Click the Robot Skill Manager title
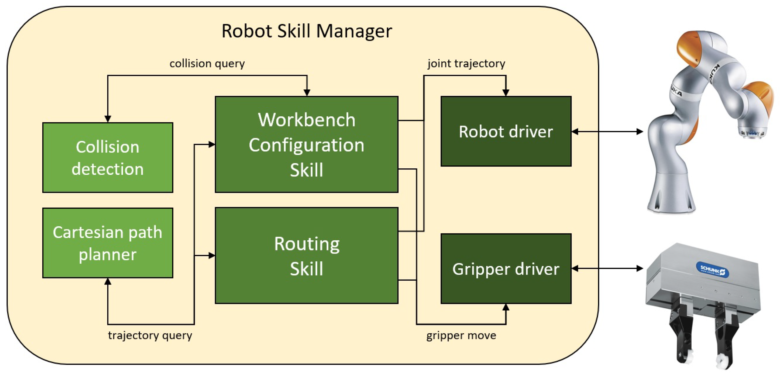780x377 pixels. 307,31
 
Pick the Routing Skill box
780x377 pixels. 307,256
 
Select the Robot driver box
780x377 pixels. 506,131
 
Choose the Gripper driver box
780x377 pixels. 506,269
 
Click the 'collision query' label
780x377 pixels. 207,64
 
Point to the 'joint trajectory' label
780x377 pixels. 466,64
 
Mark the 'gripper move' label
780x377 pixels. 461,335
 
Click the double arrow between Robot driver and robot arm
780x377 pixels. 607,132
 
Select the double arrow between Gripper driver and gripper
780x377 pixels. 607,268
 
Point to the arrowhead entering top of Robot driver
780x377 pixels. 506,92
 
